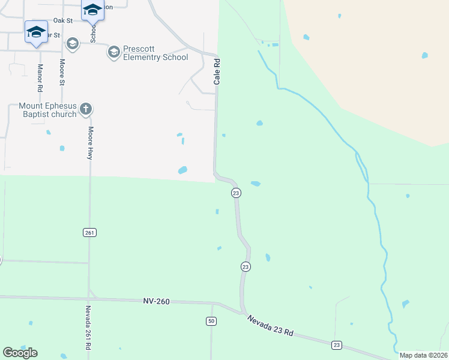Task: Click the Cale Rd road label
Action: coord(218,71)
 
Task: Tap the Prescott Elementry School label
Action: coord(155,53)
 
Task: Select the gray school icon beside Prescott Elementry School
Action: coord(113,53)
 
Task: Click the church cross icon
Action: coord(86,109)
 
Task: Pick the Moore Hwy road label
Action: coord(91,142)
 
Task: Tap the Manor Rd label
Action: coord(40,78)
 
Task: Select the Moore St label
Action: coord(62,71)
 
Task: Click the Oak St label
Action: coord(62,20)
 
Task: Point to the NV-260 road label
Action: coord(156,301)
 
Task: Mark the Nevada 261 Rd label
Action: coord(88,328)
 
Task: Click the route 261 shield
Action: coord(89,232)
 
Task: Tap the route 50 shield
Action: coord(211,322)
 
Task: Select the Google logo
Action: coord(20,352)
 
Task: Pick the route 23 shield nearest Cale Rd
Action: coord(236,193)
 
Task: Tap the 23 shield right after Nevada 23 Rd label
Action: coord(337,344)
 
